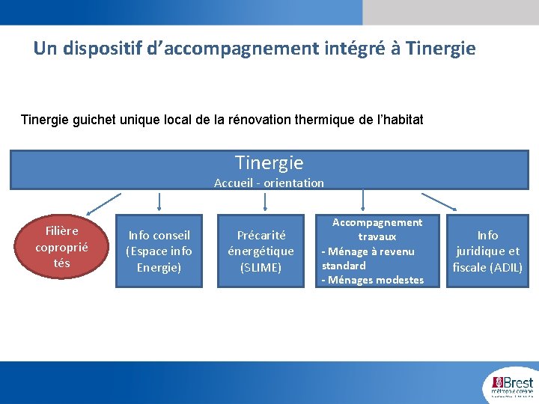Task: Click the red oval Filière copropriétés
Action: point(61,246)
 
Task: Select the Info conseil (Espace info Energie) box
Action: point(159,251)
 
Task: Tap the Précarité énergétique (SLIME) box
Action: point(261,251)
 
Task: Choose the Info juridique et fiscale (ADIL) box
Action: point(487,251)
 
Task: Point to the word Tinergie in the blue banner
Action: point(269,162)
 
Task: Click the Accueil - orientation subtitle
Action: point(269,183)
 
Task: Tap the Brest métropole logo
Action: point(512,383)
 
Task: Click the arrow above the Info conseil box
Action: point(159,201)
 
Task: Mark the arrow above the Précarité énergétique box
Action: point(261,201)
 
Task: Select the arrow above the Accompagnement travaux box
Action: point(363,201)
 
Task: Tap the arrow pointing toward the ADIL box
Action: point(440,202)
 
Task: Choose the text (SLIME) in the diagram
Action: point(261,267)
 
